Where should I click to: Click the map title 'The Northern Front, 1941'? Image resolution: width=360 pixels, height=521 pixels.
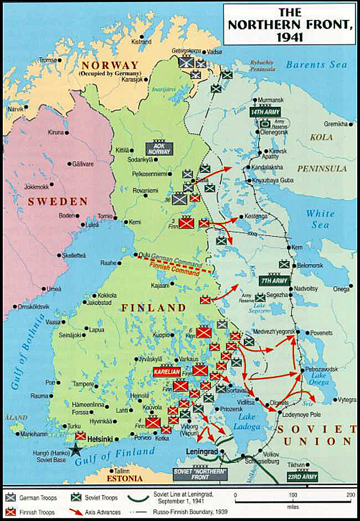[x=290, y=25]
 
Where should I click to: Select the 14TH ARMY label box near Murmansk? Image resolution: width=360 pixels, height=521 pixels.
[x=264, y=112]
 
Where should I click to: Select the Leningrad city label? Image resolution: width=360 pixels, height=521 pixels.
[x=201, y=452]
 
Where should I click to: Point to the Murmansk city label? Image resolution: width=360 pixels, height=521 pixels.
[x=272, y=100]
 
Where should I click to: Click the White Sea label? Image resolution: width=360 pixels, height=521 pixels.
[x=320, y=219]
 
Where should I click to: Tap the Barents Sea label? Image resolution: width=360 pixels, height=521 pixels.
[x=316, y=65]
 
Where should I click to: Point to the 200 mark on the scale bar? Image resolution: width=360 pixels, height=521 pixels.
[x=349, y=494]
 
